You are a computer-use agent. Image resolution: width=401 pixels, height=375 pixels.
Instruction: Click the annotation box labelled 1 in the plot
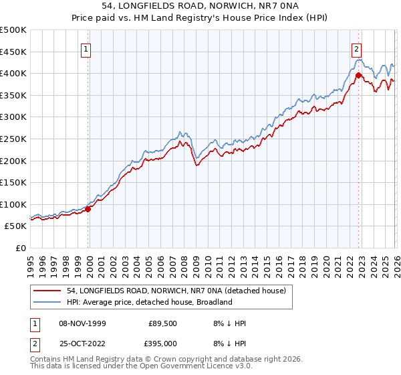click(x=87, y=48)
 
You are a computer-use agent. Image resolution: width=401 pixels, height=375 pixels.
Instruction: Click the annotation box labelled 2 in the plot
click(x=357, y=48)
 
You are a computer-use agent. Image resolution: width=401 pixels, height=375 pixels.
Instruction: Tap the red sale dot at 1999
click(x=88, y=209)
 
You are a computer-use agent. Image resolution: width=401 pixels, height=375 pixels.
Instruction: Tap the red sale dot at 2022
click(x=359, y=75)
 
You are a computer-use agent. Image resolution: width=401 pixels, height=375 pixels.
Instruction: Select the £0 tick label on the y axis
click(x=20, y=248)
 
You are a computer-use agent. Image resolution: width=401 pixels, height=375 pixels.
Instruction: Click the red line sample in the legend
click(x=47, y=291)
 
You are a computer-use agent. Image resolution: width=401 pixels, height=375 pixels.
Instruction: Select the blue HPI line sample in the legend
click(x=47, y=302)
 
